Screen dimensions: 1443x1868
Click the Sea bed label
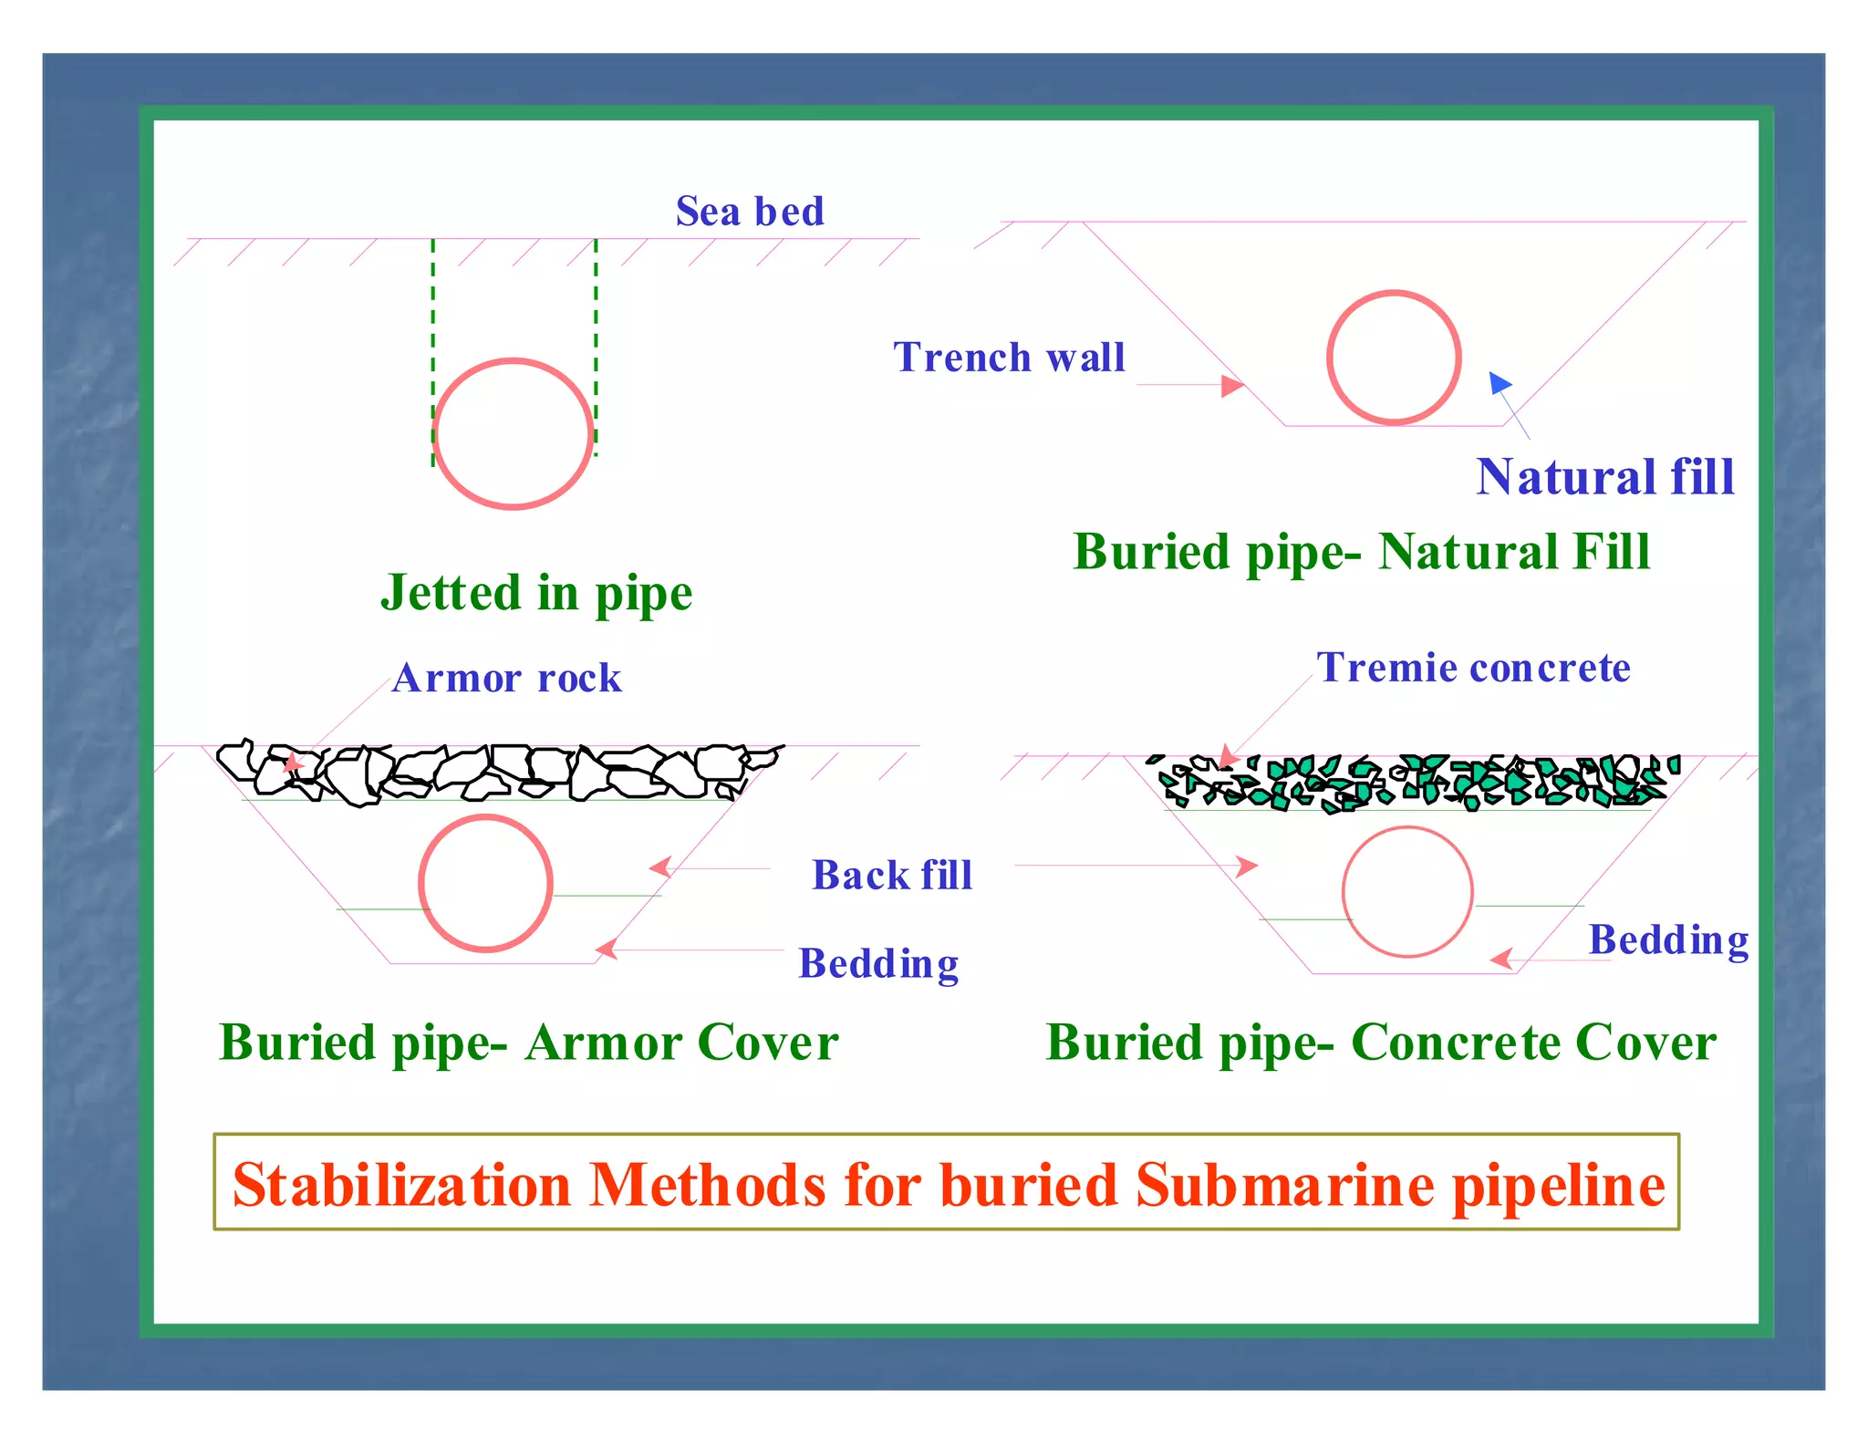(x=750, y=212)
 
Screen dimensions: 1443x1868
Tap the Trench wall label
(x=1009, y=358)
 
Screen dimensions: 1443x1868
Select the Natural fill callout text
(x=1604, y=477)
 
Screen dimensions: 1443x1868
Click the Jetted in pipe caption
(x=536, y=593)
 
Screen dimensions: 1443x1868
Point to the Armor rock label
(x=507, y=679)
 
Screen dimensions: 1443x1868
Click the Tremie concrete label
(x=1473, y=668)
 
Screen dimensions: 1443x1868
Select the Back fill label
(x=892, y=876)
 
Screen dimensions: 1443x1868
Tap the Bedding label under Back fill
(x=878, y=964)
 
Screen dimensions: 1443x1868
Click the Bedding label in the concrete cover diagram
(x=1668, y=940)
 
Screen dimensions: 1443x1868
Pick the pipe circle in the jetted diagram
(x=514, y=433)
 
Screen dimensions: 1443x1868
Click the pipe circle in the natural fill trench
(x=1394, y=358)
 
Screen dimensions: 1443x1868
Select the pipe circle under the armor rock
(x=485, y=883)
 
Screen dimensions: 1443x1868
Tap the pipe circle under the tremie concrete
(x=1407, y=891)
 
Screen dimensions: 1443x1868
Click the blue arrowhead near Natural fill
(x=1499, y=382)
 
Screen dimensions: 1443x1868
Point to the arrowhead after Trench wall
(x=1232, y=386)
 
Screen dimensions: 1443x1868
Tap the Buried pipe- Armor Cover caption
(x=528, y=1043)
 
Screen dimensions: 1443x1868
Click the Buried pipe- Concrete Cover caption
(x=1381, y=1043)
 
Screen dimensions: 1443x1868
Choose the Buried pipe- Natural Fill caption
(x=1362, y=552)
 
